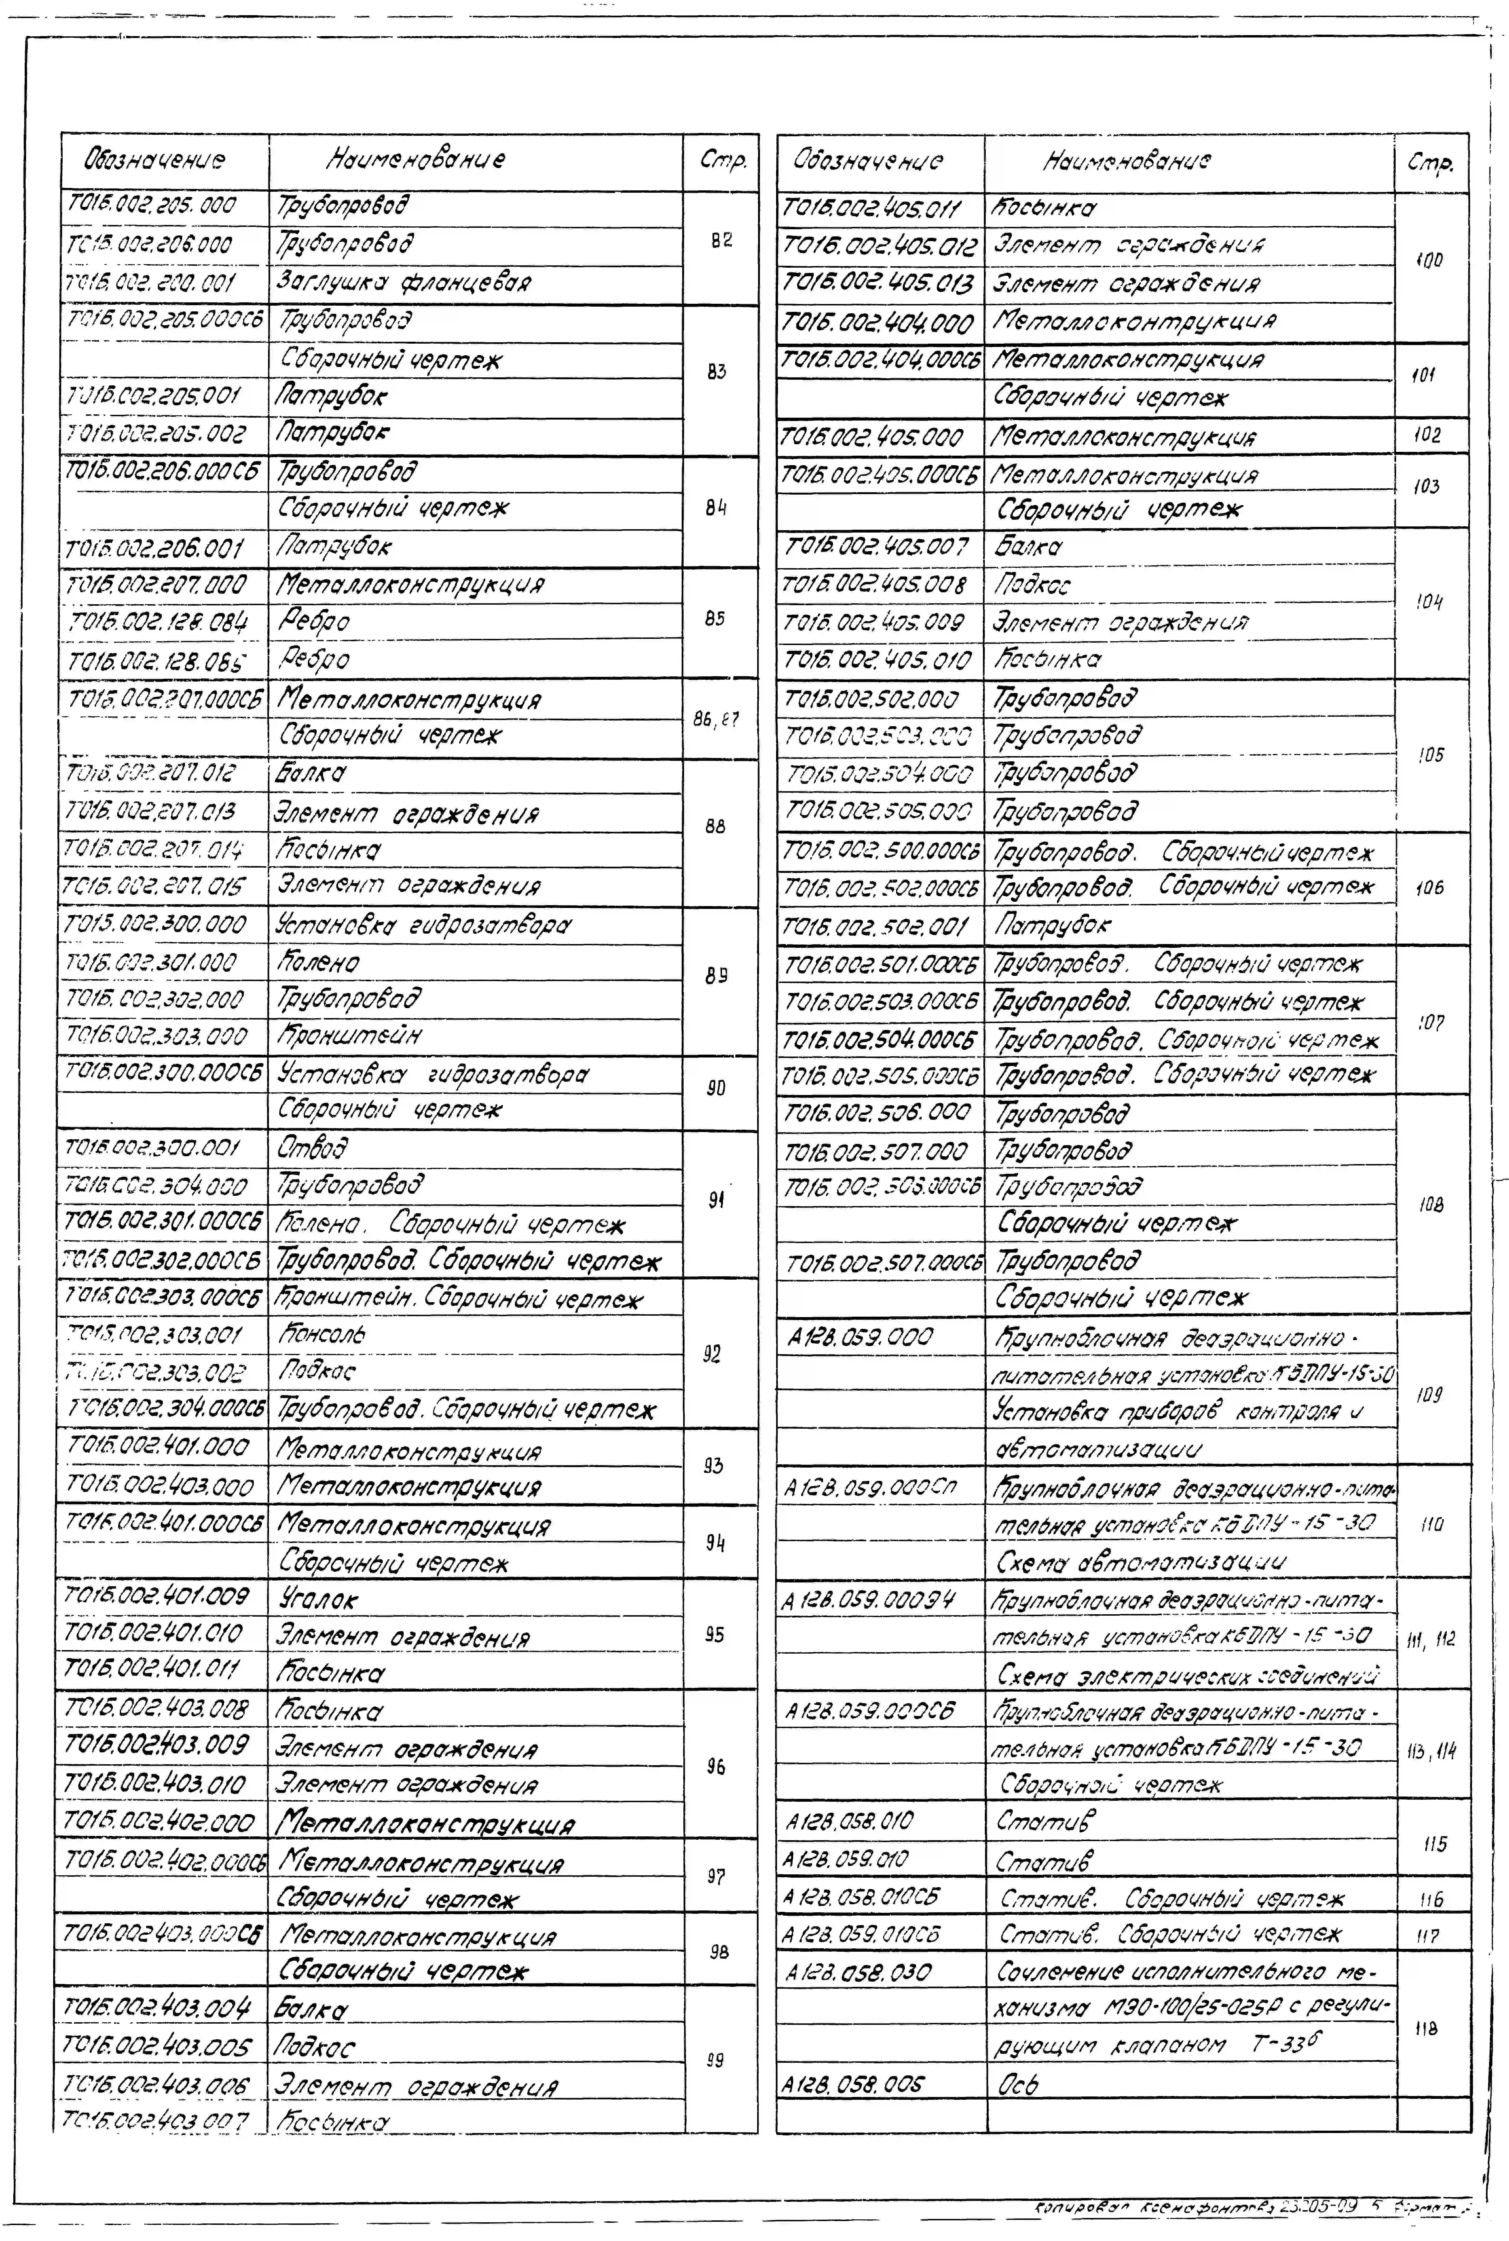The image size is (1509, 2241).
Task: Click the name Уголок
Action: pyautogui.click(x=318, y=1599)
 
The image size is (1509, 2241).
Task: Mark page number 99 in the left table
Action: pyautogui.click(x=715, y=2060)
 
